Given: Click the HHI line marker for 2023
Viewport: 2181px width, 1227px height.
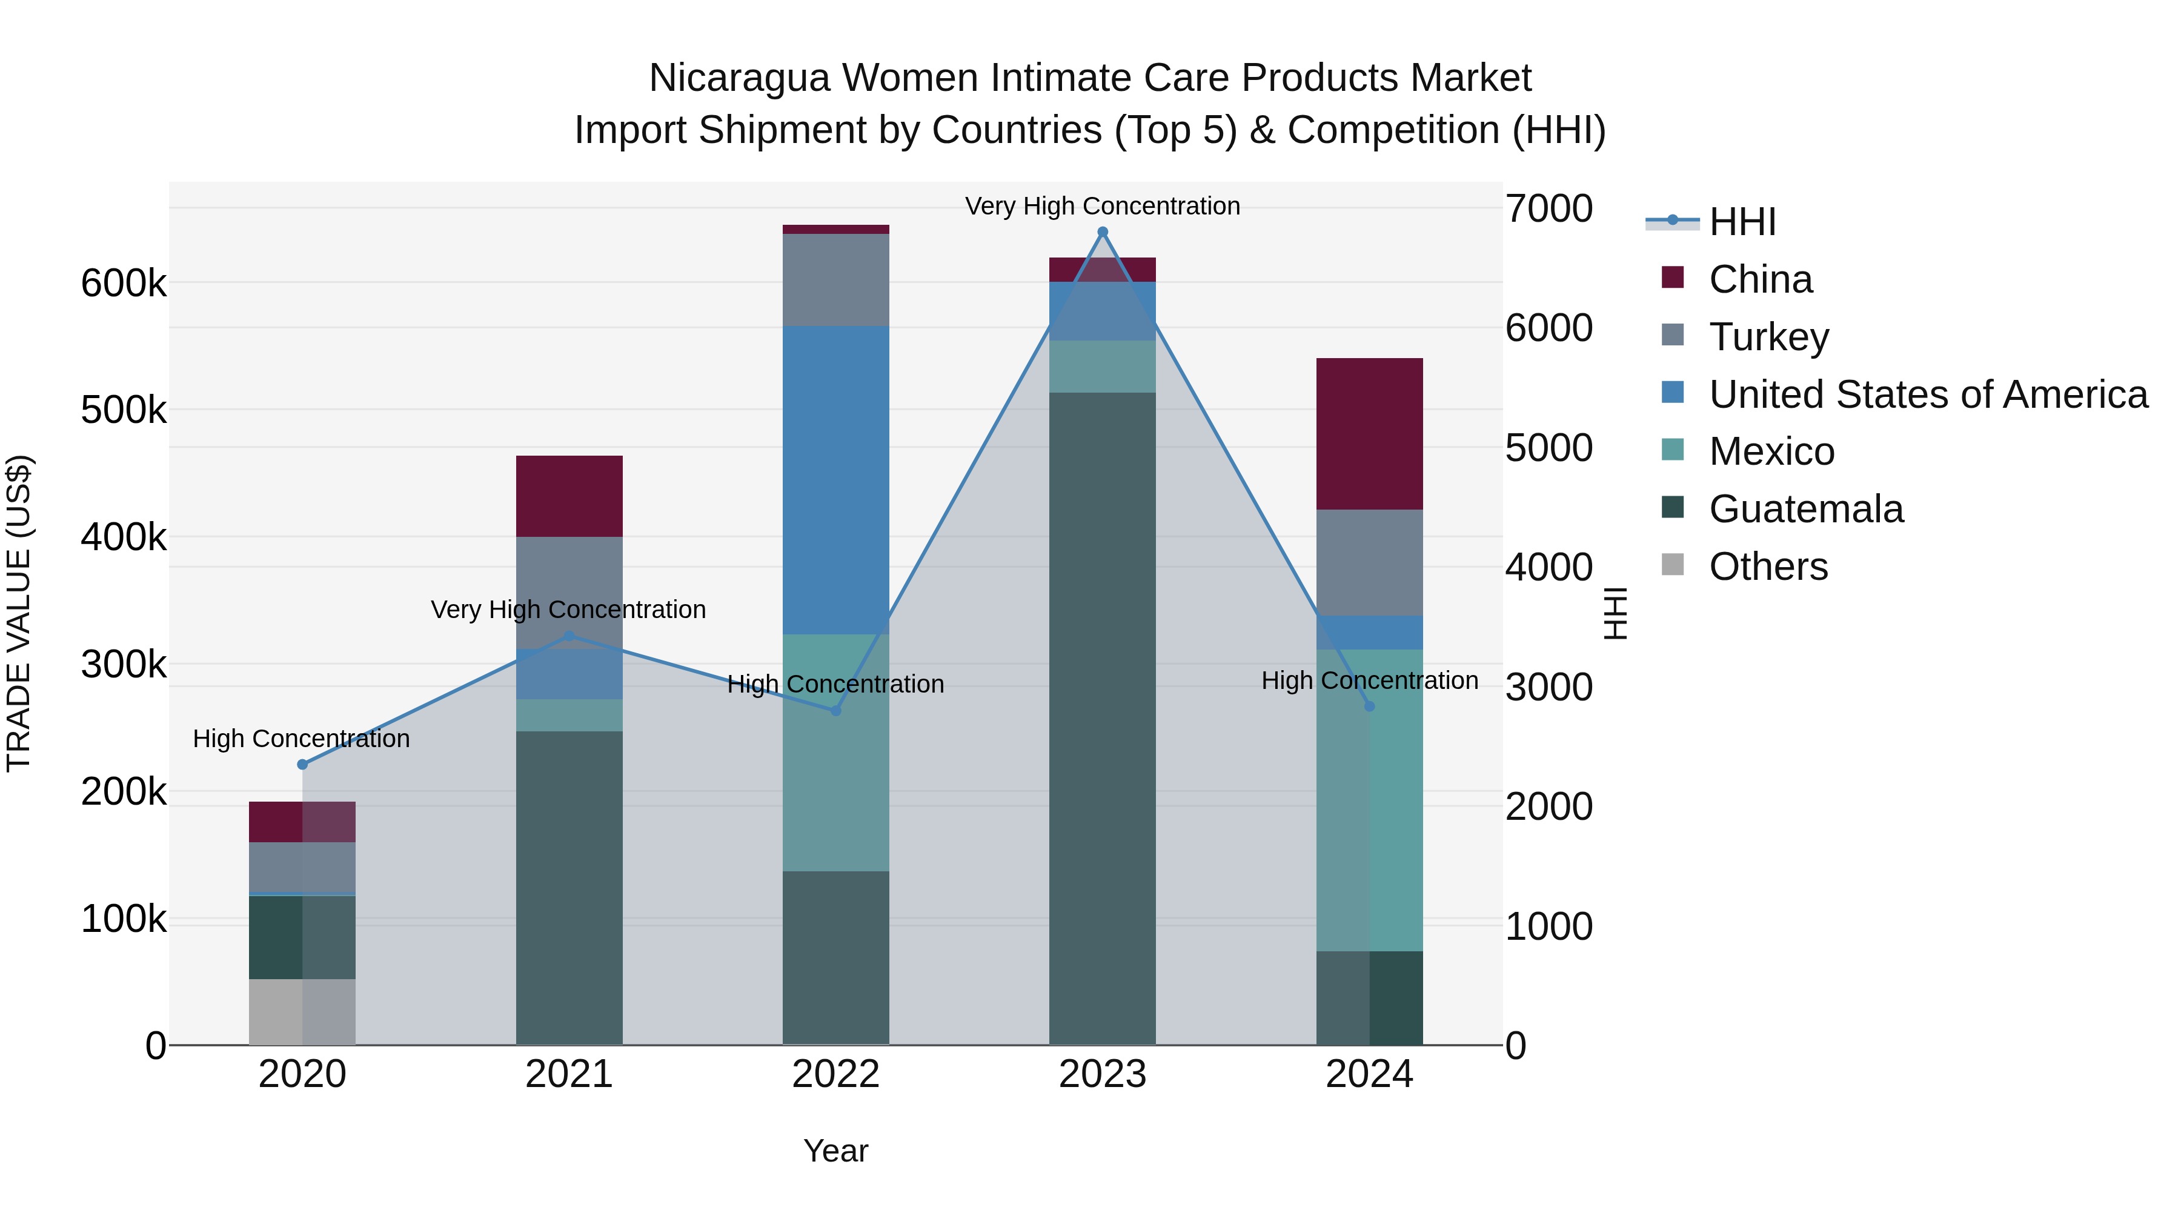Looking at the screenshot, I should (x=1103, y=232).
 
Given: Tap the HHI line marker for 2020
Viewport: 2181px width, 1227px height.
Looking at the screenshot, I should (x=302, y=765).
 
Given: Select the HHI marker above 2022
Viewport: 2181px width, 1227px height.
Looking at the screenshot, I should (x=835, y=711).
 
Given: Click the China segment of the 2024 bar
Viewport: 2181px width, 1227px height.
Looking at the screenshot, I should (x=1369, y=434).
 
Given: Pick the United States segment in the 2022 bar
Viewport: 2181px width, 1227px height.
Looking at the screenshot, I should (x=835, y=480).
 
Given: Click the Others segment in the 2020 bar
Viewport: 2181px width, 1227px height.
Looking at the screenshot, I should (x=302, y=1012).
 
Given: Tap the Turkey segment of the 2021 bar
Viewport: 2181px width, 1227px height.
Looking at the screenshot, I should (x=569, y=592).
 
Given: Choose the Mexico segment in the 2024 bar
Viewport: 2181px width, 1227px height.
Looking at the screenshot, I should (x=1369, y=800).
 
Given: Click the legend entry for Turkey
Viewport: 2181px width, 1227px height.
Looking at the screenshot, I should (x=1768, y=336).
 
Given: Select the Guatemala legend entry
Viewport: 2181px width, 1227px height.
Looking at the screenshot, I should (x=1805, y=509).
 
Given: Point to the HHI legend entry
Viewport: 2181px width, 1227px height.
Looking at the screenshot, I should (x=1742, y=222).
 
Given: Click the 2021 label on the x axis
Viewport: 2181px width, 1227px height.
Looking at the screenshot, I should (x=569, y=1074).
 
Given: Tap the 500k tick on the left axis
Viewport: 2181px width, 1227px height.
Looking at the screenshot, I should (x=124, y=411).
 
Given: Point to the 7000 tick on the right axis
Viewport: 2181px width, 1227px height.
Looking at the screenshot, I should (x=1548, y=208).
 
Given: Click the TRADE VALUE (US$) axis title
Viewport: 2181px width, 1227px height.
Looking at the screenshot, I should (x=19, y=613).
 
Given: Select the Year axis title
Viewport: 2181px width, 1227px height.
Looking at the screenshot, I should (x=835, y=1151).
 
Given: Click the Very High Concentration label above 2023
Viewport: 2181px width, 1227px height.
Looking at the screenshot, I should (x=1103, y=206).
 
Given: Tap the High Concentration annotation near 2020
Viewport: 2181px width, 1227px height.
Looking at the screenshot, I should (x=302, y=739).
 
